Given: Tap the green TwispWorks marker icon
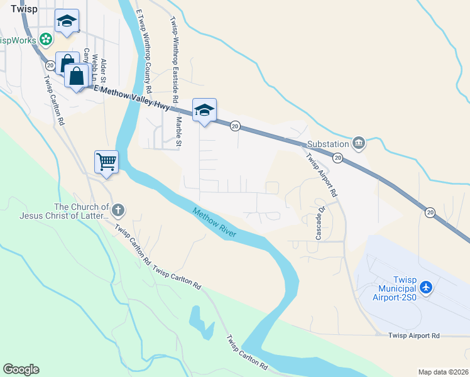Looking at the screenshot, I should (x=45, y=40).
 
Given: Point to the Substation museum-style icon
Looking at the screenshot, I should (x=359, y=143).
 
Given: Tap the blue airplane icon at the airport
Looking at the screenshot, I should (x=427, y=287).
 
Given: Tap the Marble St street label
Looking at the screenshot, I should (x=178, y=132).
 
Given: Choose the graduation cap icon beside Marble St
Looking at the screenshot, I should (x=204, y=110).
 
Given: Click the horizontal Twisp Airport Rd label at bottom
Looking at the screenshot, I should (x=413, y=336).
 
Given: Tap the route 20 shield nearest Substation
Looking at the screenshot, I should (x=337, y=157).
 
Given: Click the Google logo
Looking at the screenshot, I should (x=21, y=369).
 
